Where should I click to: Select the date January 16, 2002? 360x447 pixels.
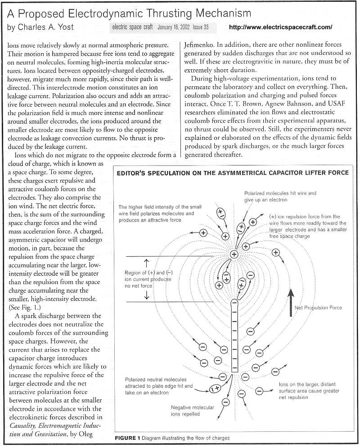point(174,27)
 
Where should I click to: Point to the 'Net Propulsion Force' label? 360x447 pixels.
point(318,308)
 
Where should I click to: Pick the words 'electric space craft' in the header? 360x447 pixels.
point(133,27)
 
